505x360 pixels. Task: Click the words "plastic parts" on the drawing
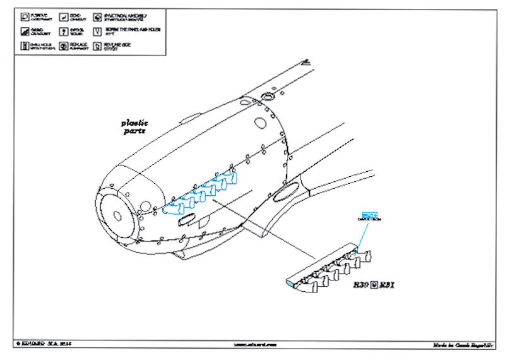click(x=134, y=127)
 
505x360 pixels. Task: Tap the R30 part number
click(x=360, y=285)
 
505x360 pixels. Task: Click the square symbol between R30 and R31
click(x=374, y=285)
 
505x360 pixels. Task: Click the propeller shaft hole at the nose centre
click(x=117, y=215)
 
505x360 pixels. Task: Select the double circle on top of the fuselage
click(x=267, y=97)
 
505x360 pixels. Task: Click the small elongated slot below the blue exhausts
click(x=189, y=220)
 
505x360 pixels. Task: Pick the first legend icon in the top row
click(x=23, y=15)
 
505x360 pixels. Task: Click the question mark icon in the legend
click(x=63, y=31)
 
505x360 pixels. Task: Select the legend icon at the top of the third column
click(x=98, y=15)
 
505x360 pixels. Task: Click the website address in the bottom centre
click(x=250, y=345)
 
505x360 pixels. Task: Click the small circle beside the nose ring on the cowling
click(x=146, y=206)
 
